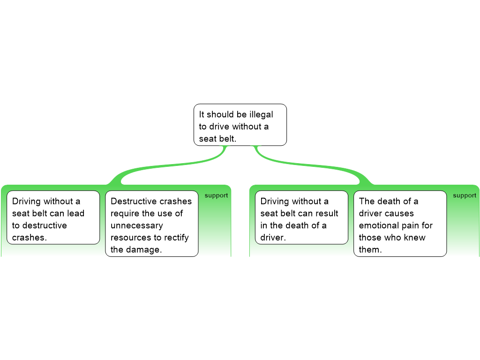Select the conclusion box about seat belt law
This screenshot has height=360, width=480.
[x=240, y=125]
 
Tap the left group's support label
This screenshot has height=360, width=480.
[x=216, y=195]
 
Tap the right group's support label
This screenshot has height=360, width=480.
[x=465, y=195]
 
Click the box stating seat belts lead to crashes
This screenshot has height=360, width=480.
[x=53, y=217]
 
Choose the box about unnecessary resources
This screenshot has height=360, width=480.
[x=151, y=224]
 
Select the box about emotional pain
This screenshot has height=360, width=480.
[x=400, y=224]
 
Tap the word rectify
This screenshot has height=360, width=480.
[x=176, y=238]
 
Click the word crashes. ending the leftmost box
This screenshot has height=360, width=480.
[x=30, y=238]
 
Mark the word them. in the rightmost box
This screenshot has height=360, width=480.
[x=370, y=250]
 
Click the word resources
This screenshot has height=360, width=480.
[x=131, y=238]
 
